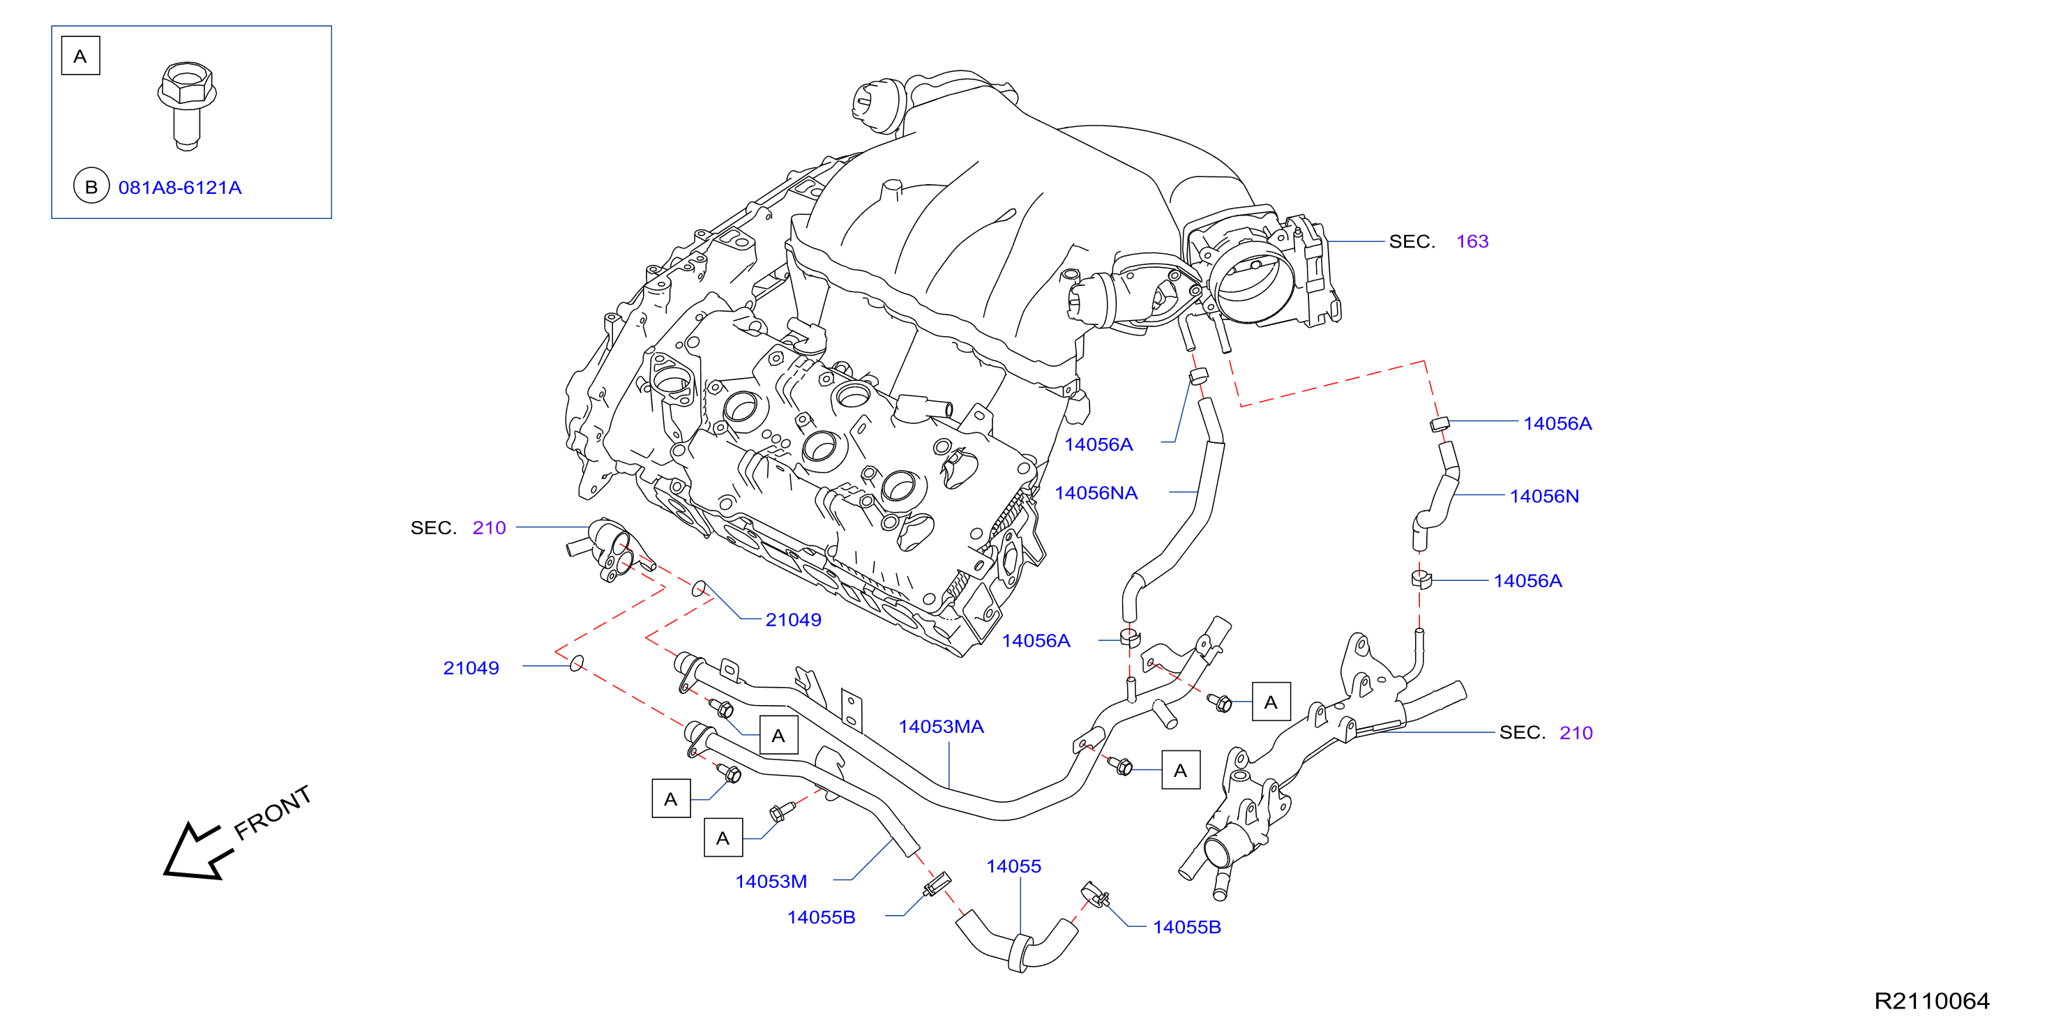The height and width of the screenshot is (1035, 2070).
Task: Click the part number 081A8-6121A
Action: pos(180,187)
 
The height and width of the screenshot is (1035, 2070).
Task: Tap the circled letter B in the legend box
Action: pos(91,186)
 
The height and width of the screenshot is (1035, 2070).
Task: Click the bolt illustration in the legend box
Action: pos(187,105)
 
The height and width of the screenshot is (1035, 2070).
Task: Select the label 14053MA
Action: pos(941,727)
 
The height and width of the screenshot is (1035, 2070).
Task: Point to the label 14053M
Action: pos(771,882)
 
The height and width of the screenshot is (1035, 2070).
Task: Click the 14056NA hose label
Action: pos(1096,493)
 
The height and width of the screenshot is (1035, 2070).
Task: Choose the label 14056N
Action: pos(1544,496)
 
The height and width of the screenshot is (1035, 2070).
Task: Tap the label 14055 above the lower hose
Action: pos(1013,866)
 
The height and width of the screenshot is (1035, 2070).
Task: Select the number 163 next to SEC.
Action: pos(1472,241)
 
